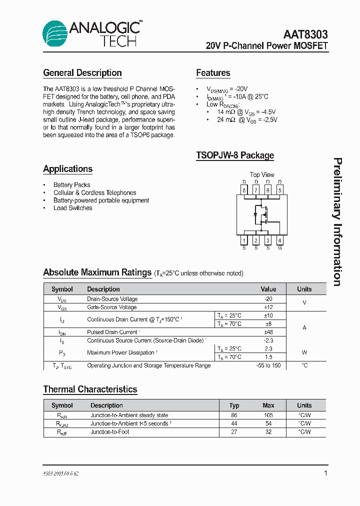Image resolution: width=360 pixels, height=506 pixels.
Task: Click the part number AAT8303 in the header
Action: click(x=305, y=34)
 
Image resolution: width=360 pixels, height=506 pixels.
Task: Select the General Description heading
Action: click(x=82, y=73)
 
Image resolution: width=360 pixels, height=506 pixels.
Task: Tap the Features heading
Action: click(x=213, y=73)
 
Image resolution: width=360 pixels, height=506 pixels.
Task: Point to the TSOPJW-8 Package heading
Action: click(x=235, y=155)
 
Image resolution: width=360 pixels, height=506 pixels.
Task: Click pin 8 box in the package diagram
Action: click(x=244, y=190)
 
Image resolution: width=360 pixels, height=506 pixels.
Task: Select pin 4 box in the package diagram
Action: click(x=279, y=240)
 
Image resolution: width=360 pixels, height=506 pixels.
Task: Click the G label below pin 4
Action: click(x=279, y=248)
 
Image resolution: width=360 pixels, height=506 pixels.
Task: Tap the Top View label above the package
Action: click(x=262, y=174)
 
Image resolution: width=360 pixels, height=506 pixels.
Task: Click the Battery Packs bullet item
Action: click(x=71, y=185)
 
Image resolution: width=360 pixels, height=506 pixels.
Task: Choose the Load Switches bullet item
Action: click(x=72, y=208)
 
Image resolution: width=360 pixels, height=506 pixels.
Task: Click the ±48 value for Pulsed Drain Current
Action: click(x=268, y=332)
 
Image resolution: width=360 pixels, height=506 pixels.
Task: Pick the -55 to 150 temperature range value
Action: click(x=268, y=365)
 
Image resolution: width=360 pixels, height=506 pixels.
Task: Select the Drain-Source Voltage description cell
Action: click(x=112, y=299)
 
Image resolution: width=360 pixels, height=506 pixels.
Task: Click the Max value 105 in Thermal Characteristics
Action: click(x=268, y=415)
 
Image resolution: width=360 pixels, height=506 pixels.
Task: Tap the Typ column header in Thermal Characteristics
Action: click(x=234, y=405)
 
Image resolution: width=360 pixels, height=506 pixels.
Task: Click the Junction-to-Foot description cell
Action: click(x=109, y=432)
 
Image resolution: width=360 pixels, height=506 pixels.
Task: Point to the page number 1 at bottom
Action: click(x=325, y=473)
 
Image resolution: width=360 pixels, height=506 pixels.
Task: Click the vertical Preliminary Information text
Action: click(x=337, y=222)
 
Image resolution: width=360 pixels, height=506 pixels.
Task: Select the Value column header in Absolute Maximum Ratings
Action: click(x=268, y=289)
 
